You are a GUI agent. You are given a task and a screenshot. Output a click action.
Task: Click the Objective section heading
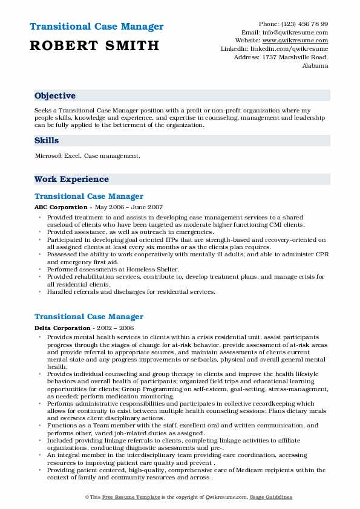click(x=55, y=96)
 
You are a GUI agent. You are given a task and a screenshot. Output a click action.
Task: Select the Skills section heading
click(x=47, y=141)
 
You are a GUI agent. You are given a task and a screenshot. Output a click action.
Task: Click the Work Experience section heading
click(x=71, y=180)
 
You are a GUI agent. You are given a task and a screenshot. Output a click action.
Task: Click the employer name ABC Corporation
click(x=61, y=207)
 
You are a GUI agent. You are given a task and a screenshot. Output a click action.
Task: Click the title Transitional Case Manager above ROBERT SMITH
click(x=96, y=27)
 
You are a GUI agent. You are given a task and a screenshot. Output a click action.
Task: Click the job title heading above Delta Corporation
click(x=89, y=317)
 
